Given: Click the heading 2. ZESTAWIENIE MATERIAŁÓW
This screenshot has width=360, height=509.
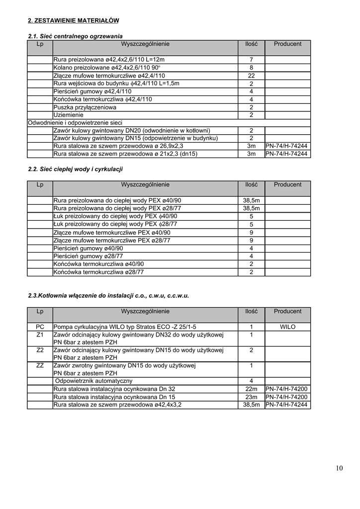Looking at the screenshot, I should coord(73,20).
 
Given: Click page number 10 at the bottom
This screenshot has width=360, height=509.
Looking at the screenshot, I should coord(339,468).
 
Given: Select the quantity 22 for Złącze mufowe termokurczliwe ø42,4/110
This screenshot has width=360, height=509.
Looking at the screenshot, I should coord(251,76).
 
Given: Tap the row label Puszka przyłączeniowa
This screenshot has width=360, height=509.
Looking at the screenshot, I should coord(85,107).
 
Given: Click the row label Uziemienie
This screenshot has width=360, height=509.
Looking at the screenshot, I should coord(69,115).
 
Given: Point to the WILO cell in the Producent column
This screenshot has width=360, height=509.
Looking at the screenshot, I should coord(287,327).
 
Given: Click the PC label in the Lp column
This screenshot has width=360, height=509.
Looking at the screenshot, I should coord(40,327).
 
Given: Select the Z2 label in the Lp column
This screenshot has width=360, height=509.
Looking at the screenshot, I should coord(40,350).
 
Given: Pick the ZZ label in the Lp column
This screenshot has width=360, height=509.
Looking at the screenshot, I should coord(40,366).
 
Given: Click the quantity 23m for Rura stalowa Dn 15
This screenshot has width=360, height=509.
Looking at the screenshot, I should coord(251,397).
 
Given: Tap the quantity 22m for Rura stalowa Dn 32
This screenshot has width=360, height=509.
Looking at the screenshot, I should coord(251,389).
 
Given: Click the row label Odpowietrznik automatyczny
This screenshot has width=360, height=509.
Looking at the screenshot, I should coord(93,381).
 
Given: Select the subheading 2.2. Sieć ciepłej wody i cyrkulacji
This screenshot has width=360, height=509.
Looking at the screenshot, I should coord(75,170).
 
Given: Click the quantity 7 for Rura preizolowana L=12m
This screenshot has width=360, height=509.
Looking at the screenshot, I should coord(251,60).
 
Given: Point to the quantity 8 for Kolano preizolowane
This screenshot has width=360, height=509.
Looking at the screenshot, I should coord(251,68).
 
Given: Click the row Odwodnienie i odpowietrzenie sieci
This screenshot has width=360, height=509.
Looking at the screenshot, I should coord(76,123).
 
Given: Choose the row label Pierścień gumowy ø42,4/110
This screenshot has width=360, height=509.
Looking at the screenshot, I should coord(86,91).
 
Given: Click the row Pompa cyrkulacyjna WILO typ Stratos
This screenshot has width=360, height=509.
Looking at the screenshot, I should coord(125,327).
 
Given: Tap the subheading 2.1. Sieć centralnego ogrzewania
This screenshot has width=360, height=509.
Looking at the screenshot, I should coord(75,36).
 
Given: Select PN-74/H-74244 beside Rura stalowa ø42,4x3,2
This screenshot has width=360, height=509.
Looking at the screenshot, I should coord(287,405).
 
